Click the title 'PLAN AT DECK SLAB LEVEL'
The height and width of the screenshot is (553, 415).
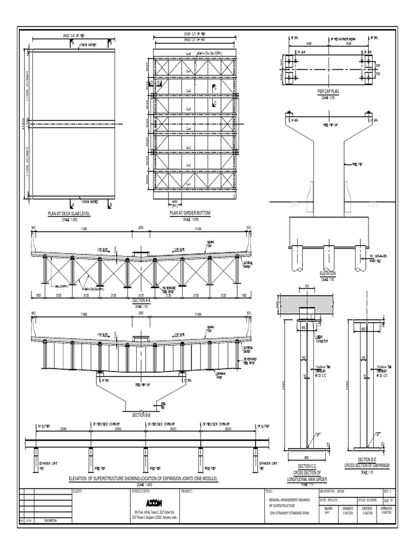70,214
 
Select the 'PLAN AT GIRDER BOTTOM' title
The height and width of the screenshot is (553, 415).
190,214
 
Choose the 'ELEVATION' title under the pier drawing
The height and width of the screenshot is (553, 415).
328,274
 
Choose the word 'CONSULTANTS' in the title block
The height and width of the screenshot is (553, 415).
141,492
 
